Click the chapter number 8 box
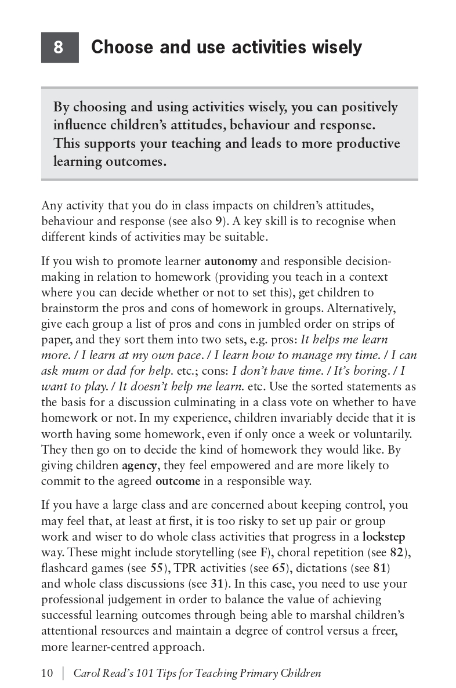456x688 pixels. pyautogui.click(x=59, y=47)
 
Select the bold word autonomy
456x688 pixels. pyautogui.click(x=230, y=261)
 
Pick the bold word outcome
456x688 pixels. pyautogui.click(x=178, y=481)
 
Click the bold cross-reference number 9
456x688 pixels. pyautogui.click(x=218, y=221)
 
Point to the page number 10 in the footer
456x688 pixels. pyautogui.click(x=47, y=673)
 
